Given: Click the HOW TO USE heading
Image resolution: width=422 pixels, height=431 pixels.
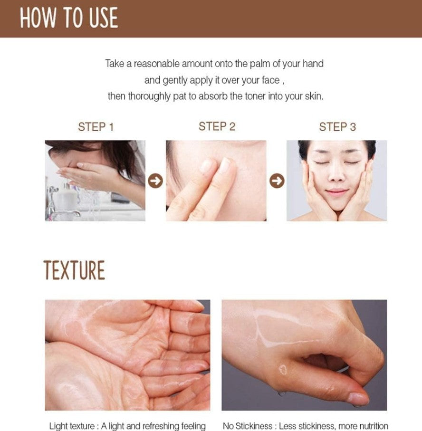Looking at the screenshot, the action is click(x=69, y=18).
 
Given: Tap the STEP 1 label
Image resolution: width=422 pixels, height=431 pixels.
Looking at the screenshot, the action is click(x=96, y=127).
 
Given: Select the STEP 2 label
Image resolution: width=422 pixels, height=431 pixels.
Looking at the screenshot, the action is click(x=217, y=126).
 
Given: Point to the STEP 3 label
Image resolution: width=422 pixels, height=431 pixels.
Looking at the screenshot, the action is click(x=337, y=127).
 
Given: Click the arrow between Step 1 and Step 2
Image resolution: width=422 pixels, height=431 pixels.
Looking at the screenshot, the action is click(x=155, y=181).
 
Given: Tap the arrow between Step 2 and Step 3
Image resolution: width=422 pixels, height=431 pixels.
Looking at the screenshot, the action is click(x=277, y=181).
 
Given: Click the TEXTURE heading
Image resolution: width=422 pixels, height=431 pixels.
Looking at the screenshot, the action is click(x=74, y=270).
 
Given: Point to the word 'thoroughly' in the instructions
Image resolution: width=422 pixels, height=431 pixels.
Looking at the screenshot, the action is click(x=149, y=96).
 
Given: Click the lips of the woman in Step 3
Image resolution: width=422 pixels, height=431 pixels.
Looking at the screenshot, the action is click(x=337, y=191).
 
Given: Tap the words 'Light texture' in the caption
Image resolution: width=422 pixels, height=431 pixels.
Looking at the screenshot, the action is click(x=72, y=426).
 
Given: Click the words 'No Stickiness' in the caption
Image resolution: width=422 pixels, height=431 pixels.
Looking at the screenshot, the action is click(x=248, y=426).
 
